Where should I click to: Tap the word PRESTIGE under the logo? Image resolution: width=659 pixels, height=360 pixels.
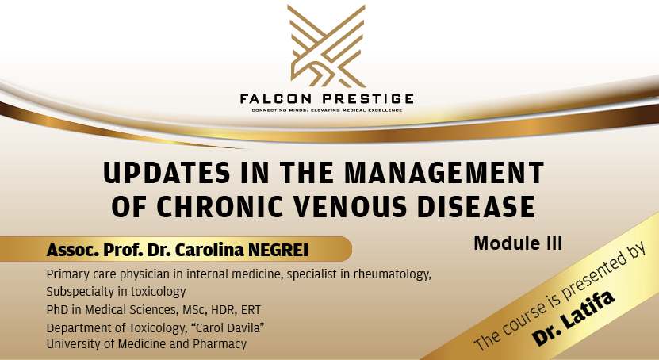click(369, 98)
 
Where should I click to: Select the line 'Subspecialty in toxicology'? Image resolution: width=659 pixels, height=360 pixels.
click(116, 292)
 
